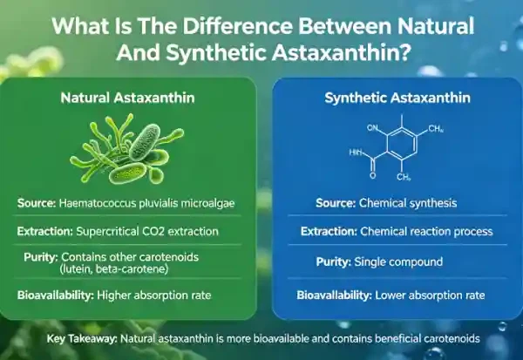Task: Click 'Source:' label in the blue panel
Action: [336, 203]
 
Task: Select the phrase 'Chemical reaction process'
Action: [426, 232]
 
